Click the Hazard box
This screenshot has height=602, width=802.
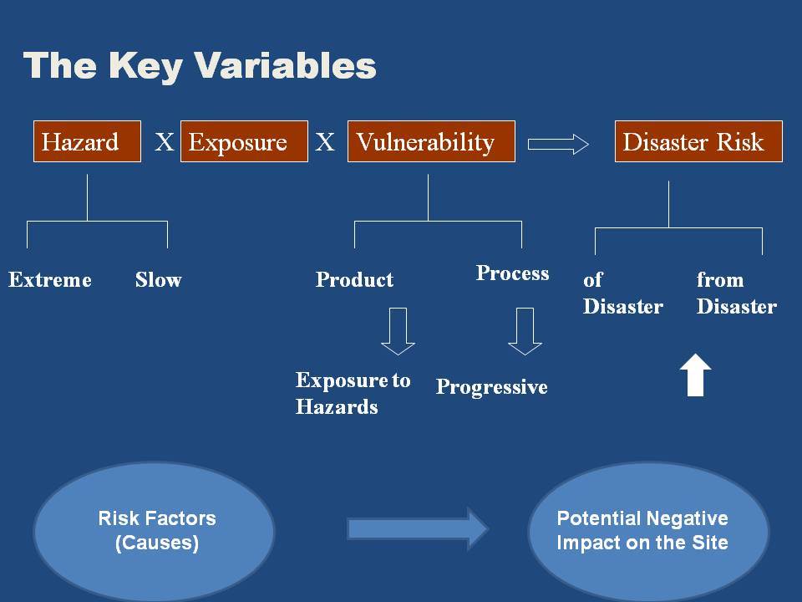[87, 141]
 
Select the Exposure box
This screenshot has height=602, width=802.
[245, 141]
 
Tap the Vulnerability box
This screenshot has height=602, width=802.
[431, 141]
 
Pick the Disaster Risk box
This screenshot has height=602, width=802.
[698, 141]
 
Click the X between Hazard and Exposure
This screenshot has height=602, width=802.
[165, 142]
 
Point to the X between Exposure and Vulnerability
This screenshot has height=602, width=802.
[325, 142]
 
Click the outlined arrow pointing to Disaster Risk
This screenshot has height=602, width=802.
[558, 145]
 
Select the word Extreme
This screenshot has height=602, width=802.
[49, 279]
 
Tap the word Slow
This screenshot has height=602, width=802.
[158, 279]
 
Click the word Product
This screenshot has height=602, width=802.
[354, 279]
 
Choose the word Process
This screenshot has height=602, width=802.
[512, 273]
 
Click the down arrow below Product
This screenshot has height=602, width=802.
[398, 331]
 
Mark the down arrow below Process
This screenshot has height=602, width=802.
[525, 331]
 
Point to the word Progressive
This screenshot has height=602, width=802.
[491, 387]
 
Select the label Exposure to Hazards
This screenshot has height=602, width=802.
[353, 393]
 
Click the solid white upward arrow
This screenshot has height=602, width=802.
[696, 375]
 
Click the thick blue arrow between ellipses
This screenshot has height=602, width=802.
[418, 528]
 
